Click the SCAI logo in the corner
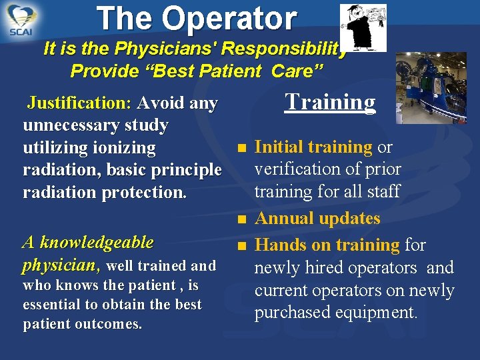(21, 20)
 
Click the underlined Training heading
(330, 101)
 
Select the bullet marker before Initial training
(241, 147)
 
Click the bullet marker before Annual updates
(241, 219)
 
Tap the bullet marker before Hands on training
(241, 245)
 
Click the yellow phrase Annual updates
(317, 218)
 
